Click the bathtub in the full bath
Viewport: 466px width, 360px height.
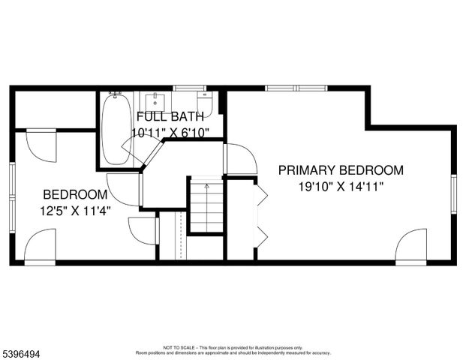click(116, 128)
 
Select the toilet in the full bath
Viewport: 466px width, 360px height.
click(206, 103)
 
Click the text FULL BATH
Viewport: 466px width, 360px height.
click(170, 117)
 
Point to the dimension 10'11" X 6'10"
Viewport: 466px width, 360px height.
click(170, 133)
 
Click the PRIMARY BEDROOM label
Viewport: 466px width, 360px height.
click(341, 170)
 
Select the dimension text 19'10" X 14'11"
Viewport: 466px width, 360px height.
click(341, 187)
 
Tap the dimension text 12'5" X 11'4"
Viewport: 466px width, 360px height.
click(75, 211)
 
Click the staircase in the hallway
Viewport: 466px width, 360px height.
click(206, 205)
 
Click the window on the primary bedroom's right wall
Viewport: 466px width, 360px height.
click(453, 194)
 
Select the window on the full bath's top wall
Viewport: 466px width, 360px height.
click(185, 88)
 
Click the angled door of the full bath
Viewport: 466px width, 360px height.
click(153, 154)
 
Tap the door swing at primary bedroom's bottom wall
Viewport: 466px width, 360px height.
click(412, 247)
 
